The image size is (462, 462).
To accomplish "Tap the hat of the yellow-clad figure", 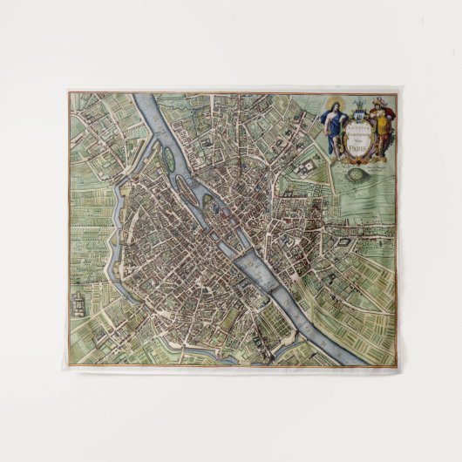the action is pyautogui.click(x=377, y=104).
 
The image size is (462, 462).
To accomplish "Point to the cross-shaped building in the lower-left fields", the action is pyautogui.click(x=77, y=302).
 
